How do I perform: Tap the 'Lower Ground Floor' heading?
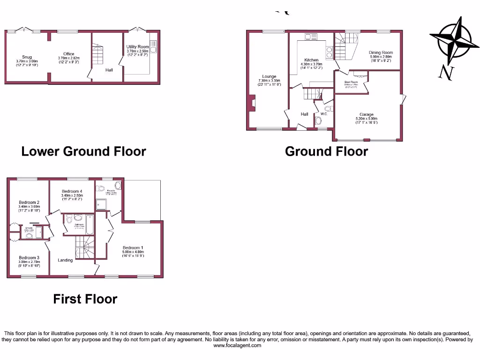click(x=83, y=151)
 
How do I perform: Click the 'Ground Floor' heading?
click(x=326, y=151)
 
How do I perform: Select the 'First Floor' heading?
click(x=85, y=299)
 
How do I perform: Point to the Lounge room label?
click(x=269, y=76)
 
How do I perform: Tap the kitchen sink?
click(x=310, y=37)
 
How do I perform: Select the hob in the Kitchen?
click(x=330, y=52)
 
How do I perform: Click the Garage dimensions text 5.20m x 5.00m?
click(x=366, y=119)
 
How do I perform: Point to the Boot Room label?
click(x=351, y=82)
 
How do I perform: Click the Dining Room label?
click(x=381, y=53)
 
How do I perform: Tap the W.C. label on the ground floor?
click(x=323, y=113)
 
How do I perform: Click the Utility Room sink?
click(x=153, y=46)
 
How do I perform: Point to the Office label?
click(x=68, y=54)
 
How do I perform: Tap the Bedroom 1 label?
click(x=133, y=247)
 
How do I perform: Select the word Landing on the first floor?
click(x=65, y=260)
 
